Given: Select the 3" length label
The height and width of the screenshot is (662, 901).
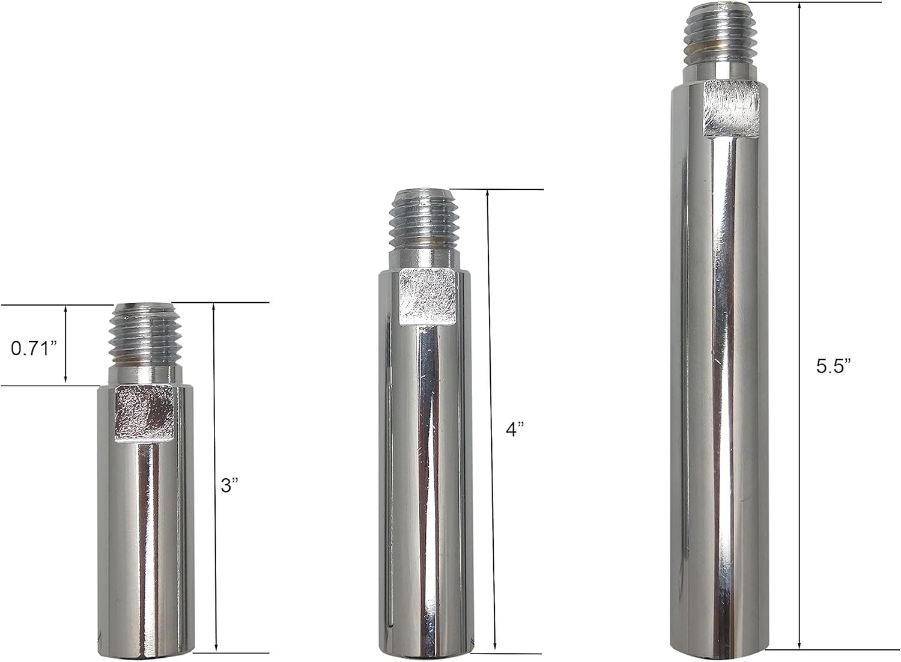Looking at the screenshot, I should [x=229, y=485].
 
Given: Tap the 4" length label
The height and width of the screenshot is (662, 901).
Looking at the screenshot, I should [x=515, y=430].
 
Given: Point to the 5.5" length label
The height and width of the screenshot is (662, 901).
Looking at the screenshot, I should [x=834, y=366].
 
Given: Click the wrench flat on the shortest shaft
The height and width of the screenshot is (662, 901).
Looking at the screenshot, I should [x=145, y=412].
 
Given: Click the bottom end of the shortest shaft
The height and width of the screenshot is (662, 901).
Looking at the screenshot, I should [x=145, y=649].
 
